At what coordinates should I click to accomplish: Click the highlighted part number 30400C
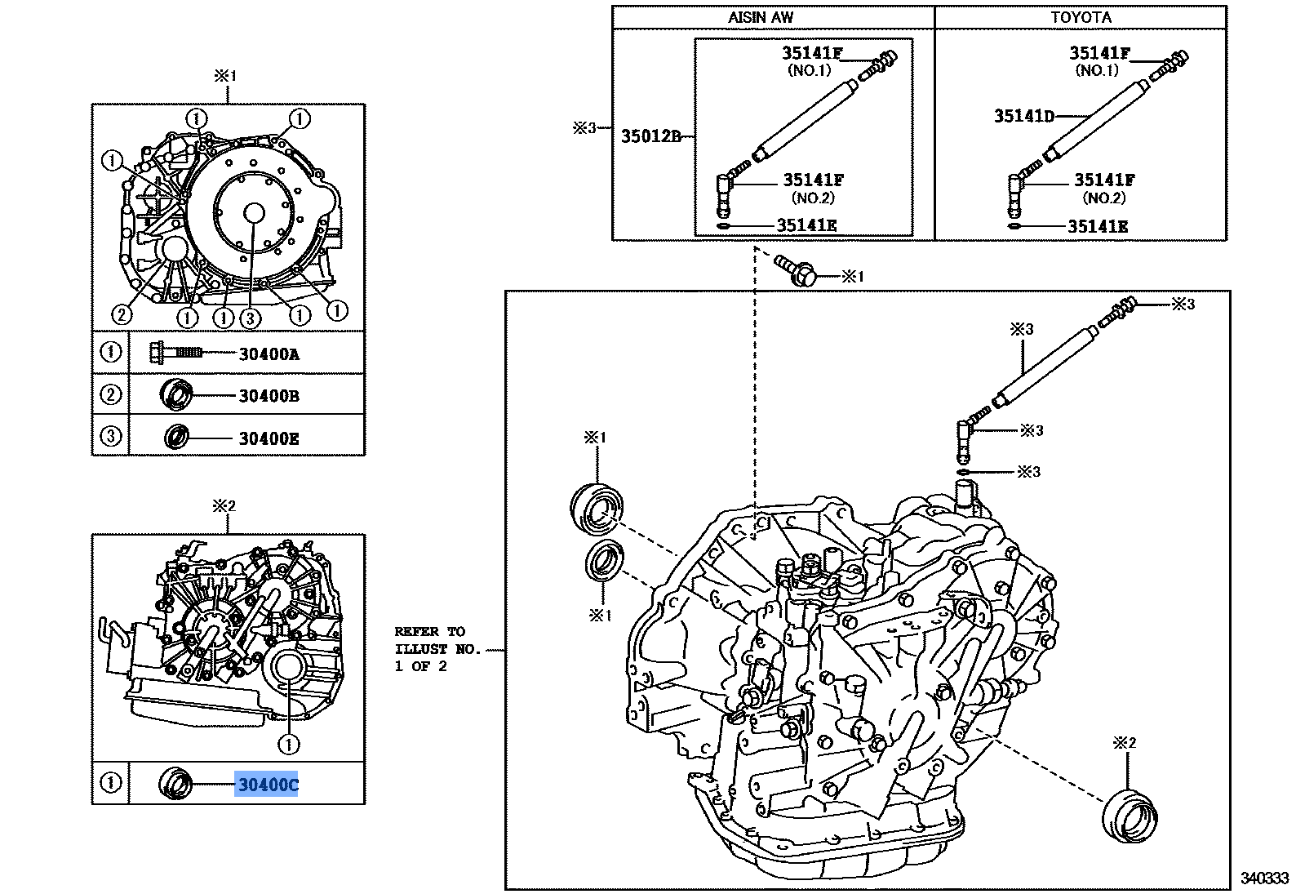267,785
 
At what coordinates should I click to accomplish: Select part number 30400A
269,354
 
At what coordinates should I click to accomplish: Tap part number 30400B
269,396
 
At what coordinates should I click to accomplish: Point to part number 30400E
269,438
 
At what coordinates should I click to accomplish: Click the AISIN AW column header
761,17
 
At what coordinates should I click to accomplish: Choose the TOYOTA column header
1081,17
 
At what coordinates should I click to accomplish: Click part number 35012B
650,136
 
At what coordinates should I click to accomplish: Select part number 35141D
1023,116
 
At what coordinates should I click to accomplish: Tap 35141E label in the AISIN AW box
806,225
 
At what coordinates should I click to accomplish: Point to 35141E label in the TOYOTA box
1098,226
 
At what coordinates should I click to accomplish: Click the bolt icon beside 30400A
174,353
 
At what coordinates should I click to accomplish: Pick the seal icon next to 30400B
175,395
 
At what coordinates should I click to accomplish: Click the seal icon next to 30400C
174,784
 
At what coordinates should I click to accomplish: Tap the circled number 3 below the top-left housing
250,318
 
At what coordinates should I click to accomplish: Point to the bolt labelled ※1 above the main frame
798,271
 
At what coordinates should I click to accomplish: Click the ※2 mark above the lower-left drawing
224,506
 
